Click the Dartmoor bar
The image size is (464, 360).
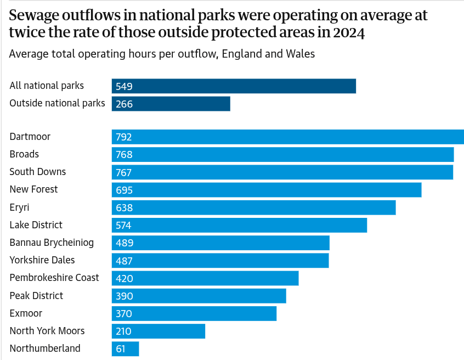(287, 137)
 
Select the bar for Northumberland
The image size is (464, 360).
(126, 348)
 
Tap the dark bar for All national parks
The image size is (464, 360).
(234, 86)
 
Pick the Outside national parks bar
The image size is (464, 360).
(171, 104)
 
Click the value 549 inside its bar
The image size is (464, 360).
(125, 86)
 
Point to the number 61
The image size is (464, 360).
(122, 349)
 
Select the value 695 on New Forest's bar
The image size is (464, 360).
(125, 190)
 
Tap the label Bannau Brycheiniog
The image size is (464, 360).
(52, 243)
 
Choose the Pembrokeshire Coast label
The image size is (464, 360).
(54, 278)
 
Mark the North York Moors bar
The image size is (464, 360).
(158, 331)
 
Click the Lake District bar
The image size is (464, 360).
(239, 225)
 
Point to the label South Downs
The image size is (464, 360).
(37, 172)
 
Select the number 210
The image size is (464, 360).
(125, 331)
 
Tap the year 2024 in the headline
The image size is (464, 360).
(348, 33)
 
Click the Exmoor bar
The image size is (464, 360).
(194, 313)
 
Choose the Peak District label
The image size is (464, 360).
(36, 296)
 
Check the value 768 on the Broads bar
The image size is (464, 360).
(125, 155)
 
